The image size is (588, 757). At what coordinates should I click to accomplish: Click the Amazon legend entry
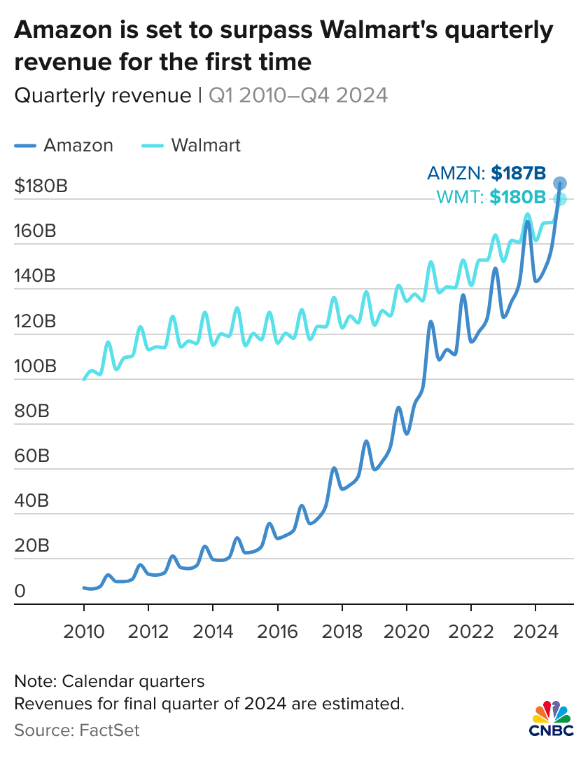pos(63,145)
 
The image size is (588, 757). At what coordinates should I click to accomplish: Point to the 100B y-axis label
pos(34,367)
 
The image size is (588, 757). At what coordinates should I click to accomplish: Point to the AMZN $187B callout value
pos(518,173)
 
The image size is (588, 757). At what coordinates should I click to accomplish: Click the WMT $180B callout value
pos(517,198)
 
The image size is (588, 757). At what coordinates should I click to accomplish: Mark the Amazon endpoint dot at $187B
pos(560,184)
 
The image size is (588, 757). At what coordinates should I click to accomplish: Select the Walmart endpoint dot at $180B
pos(560,199)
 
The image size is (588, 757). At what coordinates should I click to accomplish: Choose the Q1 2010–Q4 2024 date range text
pos(298,95)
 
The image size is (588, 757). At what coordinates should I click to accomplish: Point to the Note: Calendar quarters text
pos(108,681)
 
